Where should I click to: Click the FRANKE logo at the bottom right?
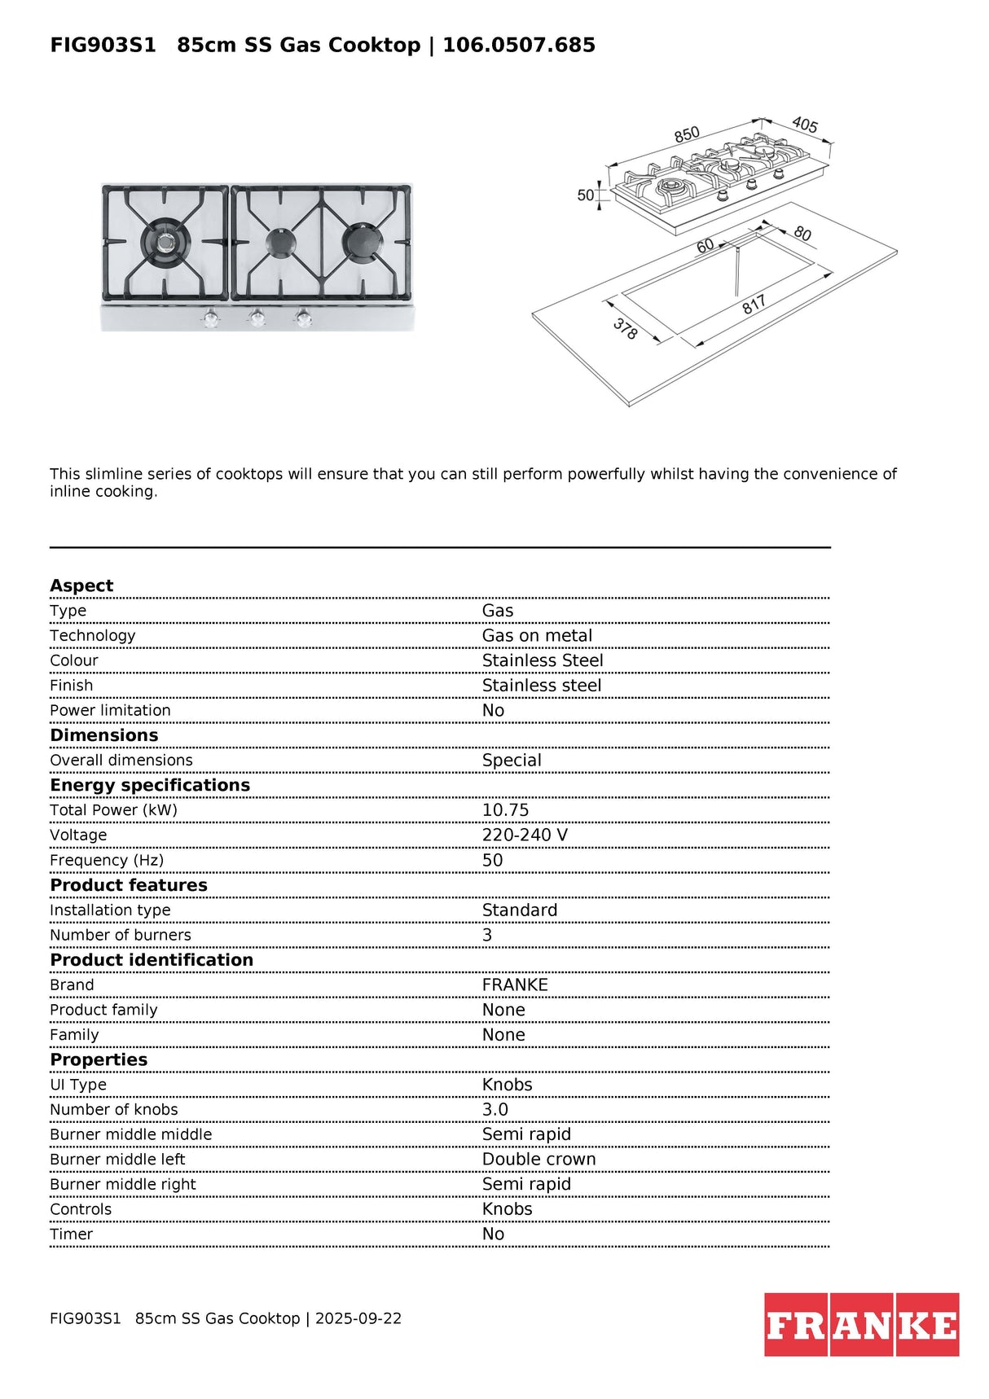point(861,1324)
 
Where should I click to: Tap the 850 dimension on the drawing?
point(687,134)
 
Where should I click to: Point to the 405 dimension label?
point(805,125)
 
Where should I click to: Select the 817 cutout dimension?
point(754,305)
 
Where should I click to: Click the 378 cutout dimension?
point(625,328)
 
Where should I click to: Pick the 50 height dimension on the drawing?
point(585,195)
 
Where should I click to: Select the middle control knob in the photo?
point(257,318)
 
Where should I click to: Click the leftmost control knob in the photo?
point(211,318)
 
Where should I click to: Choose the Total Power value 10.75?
point(505,810)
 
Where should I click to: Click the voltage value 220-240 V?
point(525,835)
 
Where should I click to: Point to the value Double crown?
point(538,1160)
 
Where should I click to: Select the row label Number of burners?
point(121,935)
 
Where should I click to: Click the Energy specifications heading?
point(150,785)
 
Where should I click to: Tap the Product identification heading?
point(152,960)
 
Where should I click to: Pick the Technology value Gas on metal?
point(537,636)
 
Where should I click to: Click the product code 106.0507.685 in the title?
point(519,45)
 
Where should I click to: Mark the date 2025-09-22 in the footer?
point(358,1318)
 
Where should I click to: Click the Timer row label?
point(72,1235)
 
